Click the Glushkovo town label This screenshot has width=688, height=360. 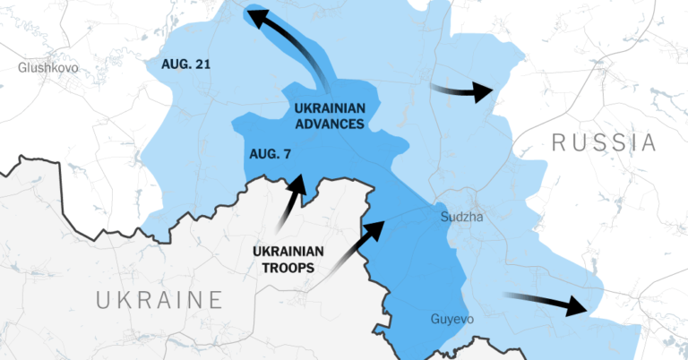pos(47,67)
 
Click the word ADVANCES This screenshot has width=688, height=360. pos(330,124)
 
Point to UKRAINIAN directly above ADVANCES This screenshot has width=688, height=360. pos(330,108)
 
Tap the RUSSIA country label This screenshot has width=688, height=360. pos(604,142)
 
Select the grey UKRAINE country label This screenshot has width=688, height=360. pos(159,300)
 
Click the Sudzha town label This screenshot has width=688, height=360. pos(462,217)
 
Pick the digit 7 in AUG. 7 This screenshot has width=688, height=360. pos(286,154)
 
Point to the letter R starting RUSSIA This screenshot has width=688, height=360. pos(558,142)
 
